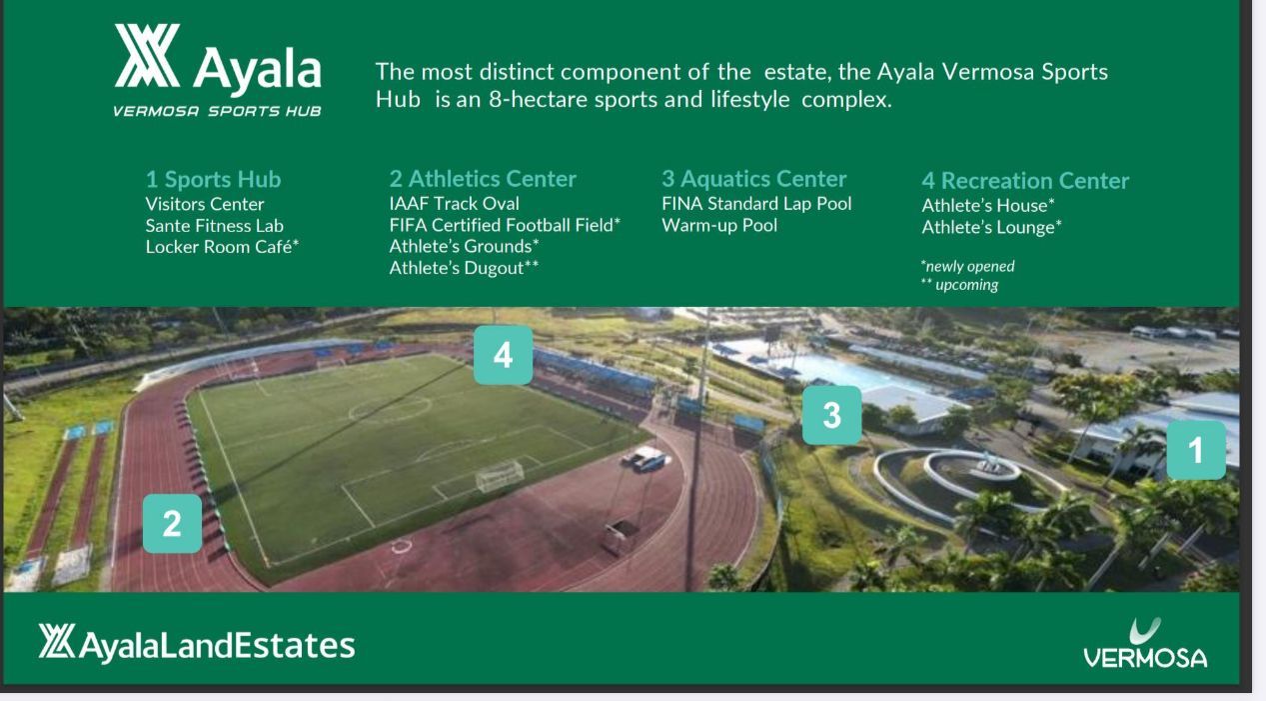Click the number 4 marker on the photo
pos(503,355)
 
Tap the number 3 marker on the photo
pos(832,415)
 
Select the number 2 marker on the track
pos(173,523)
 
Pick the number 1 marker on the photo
pos(1196,450)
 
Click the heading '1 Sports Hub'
pos(213,179)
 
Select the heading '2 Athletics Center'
pos(483,179)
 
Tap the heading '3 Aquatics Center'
pos(754,179)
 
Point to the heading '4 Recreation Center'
pos(1025,180)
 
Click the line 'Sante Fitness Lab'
pos(214,226)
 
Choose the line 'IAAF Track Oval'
pos(454,203)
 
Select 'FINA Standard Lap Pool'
pos(756,203)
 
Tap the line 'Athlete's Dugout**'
pos(464,268)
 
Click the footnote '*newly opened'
pos(967,266)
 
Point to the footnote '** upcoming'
pos(959,284)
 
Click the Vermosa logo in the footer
pos(1145,644)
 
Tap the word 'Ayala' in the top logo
pos(257,70)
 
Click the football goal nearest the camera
pos(499,476)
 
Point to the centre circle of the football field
pos(390,408)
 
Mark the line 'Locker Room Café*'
pos(222,247)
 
